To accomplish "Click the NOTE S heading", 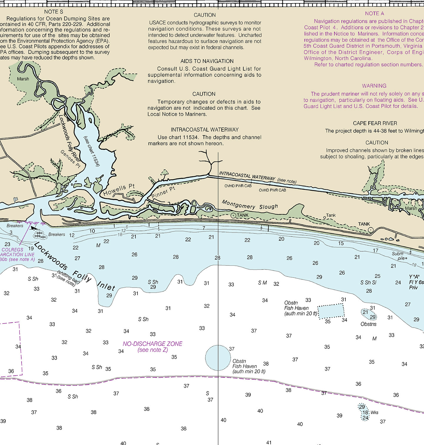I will [x=53, y=12].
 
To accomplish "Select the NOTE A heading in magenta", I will [x=374, y=14].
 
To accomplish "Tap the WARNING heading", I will [x=374, y=86].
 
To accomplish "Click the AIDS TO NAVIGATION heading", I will [x=207, y=61].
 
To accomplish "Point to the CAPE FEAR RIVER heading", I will [x=375, y=123].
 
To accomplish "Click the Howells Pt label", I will [x=119, y=190].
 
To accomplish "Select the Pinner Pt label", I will [x=163, y=192].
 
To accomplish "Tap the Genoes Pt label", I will [x=70, y=159].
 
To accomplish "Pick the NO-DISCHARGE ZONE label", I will [x=153, y=344].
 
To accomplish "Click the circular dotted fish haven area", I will [x=218, y=358].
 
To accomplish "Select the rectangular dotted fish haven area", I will [x=331, y=311].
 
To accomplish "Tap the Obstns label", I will [x=368, y=324].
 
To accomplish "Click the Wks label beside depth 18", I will [x=374, y=413].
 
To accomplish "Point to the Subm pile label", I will [x=398, y=256].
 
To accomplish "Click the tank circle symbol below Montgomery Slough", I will [x=233, y=215].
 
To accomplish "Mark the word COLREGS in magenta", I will [x=12, y=250].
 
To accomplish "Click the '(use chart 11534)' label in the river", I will [x=92, y=151].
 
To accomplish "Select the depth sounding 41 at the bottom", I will [x=269, y=442].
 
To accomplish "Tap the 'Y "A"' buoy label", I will [x=414, y=277].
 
